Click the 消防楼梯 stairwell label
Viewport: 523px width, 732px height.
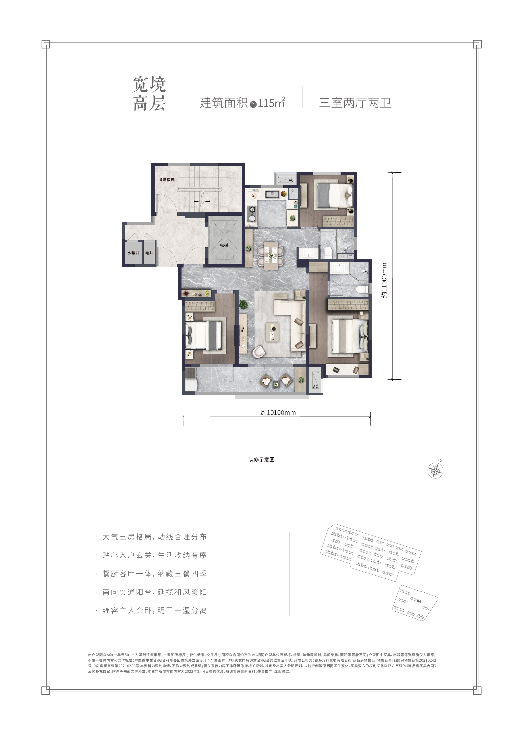166,180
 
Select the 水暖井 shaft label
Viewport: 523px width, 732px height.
133,253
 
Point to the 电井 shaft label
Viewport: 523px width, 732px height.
149,253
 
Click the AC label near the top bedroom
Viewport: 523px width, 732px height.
291,180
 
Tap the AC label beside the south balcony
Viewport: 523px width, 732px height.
315,386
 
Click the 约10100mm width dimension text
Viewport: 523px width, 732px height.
278,413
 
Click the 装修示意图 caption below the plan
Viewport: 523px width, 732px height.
262,460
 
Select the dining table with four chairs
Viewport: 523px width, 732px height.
271,255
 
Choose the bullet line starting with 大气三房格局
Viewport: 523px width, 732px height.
154,537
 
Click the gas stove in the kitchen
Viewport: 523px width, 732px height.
251,214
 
